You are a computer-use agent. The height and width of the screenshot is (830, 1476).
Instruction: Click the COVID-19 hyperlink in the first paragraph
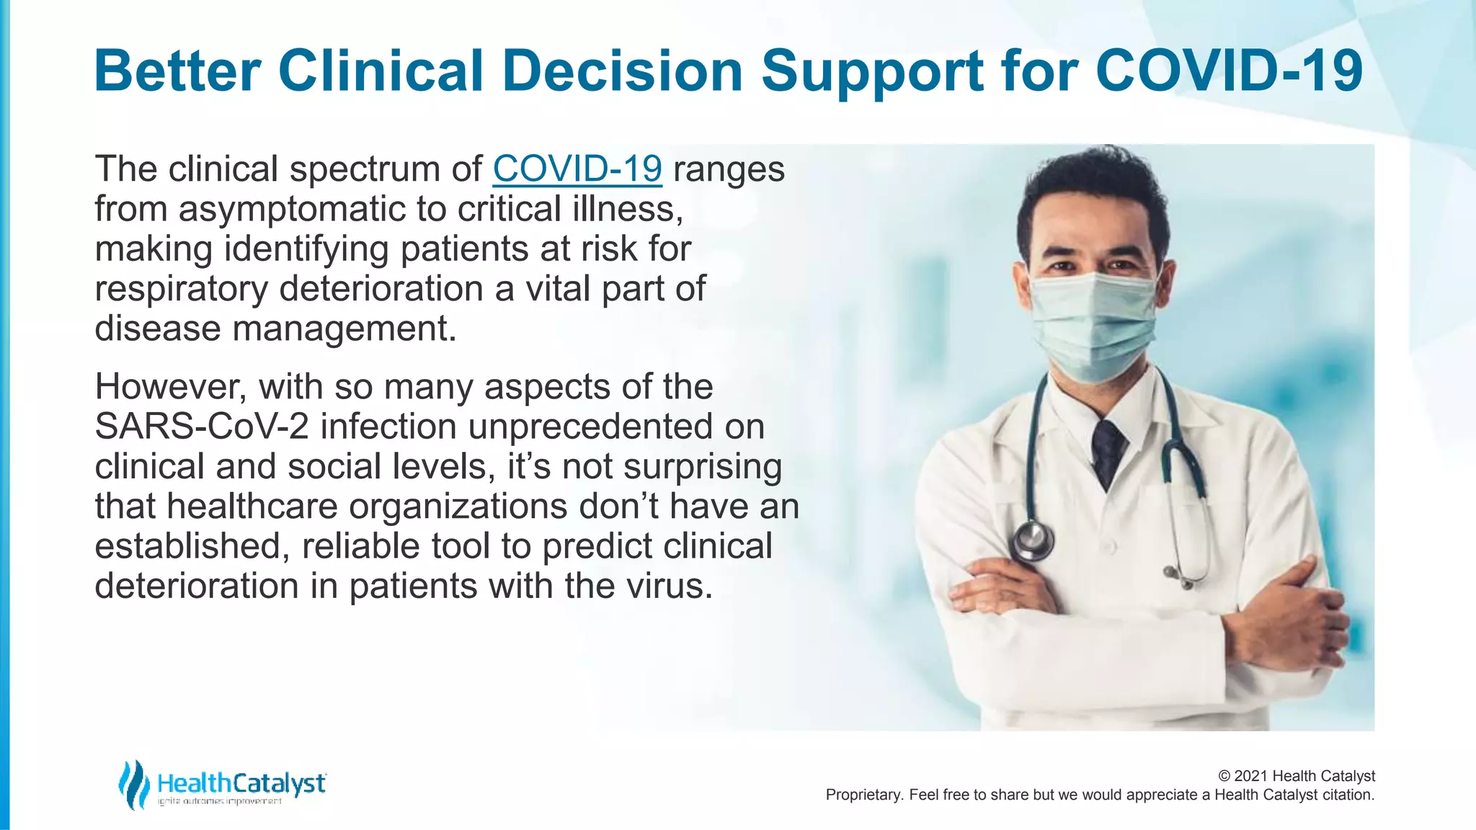click(x=577, y=169)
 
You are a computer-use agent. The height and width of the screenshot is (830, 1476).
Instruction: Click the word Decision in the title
click(x=622, y=71)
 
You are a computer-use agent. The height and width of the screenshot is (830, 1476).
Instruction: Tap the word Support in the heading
click(x=873, y=71)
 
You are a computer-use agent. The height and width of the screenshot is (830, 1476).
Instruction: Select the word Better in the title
click(x=177, y=71)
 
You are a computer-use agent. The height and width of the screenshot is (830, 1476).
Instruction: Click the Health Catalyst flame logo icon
click(x=133, y=784)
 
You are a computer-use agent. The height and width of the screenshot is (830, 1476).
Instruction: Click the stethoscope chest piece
click(x=1033, y=540)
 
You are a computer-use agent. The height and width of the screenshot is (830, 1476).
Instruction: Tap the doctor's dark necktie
click(x=1107, y=450)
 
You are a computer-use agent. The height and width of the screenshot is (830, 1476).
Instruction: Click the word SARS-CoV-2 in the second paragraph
click(x=202, y=427)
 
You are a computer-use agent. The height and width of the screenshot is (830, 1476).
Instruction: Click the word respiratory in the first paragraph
click(x=181, y=289)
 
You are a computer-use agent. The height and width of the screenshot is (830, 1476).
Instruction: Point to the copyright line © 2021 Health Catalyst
click(x=1296, y=776)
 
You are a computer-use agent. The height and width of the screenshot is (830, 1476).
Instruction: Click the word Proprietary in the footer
click(x=863, y=795)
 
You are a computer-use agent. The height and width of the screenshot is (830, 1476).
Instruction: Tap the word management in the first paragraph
click(x=344, y=329)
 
